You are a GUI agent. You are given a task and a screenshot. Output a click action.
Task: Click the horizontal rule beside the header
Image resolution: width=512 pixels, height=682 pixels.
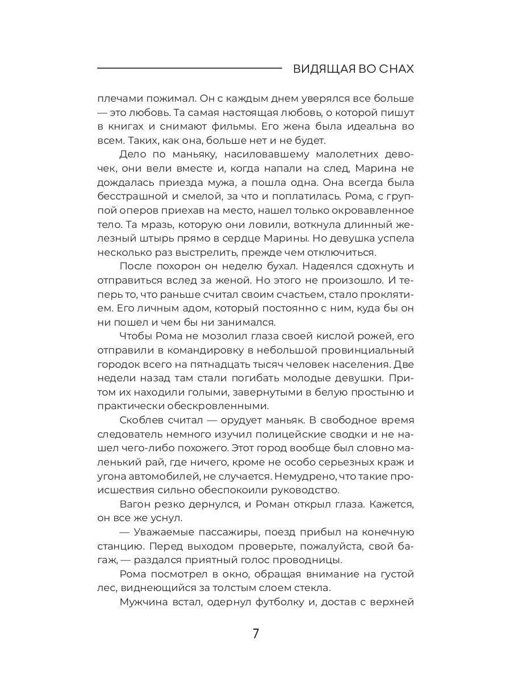point(189,69)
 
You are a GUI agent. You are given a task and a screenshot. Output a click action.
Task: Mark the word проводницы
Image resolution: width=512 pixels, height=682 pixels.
point(312,560)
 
